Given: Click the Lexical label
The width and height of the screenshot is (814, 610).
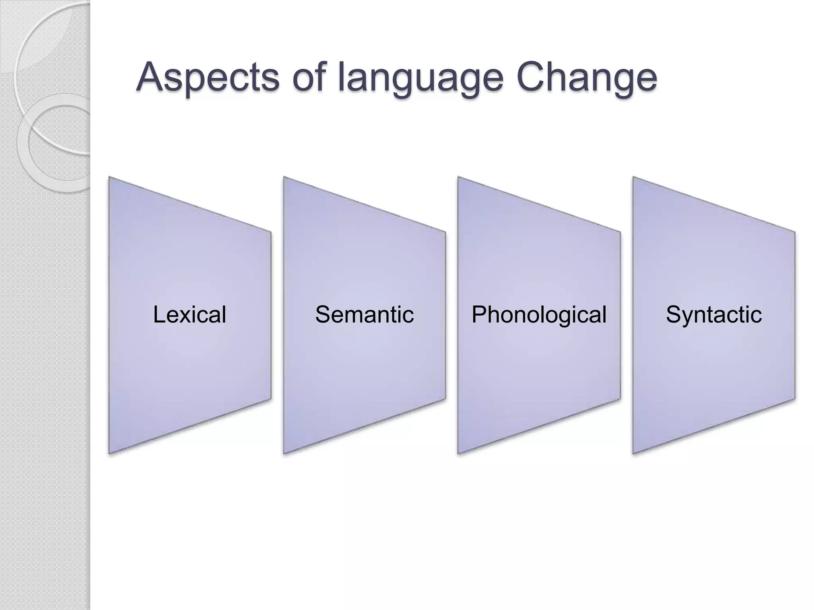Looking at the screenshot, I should point(190,315).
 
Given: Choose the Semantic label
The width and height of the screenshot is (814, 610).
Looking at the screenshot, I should point(364,315).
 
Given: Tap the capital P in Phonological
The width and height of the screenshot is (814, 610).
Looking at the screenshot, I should point(480,315).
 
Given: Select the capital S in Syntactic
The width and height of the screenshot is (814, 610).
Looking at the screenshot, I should point(674,315).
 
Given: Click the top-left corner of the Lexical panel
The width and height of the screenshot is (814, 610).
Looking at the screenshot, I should point(110,178).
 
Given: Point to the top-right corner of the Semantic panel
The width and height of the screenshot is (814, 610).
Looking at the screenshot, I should point(445,232).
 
